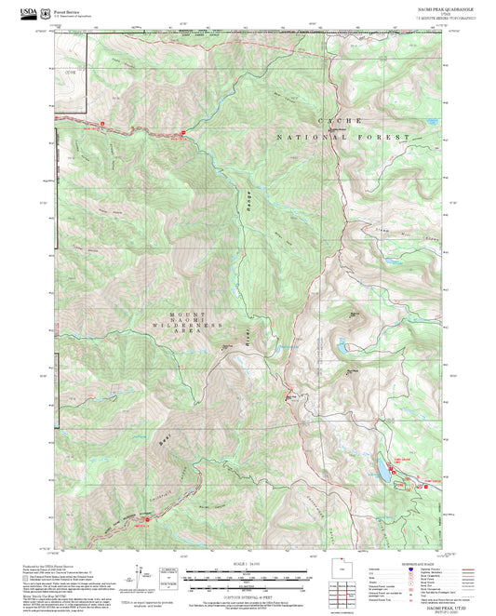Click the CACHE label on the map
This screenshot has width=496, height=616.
[x=341, y=121]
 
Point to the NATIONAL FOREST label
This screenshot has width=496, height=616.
[x=342, y=137]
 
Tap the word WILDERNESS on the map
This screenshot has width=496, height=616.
[x=193, y=327]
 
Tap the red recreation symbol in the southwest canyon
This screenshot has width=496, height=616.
[x=145, y=517]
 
